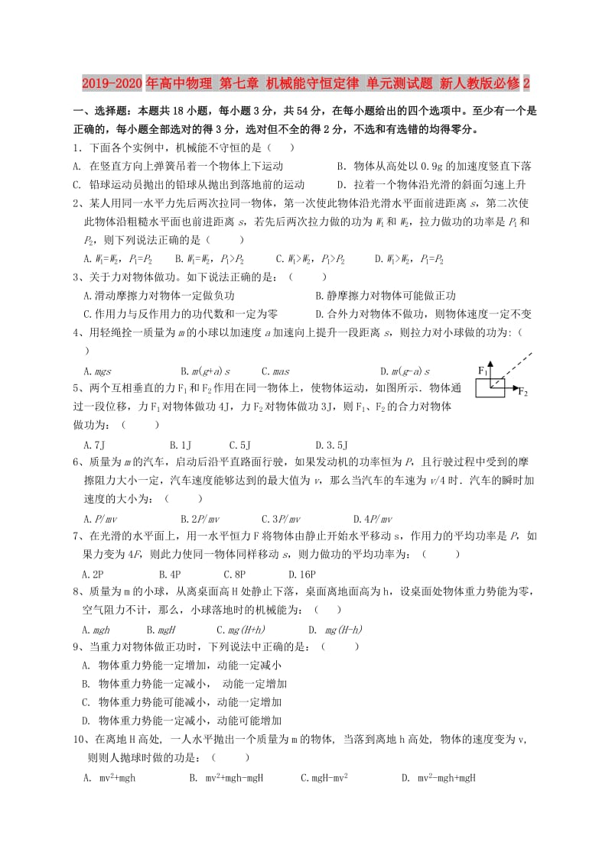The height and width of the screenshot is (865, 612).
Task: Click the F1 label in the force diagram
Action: click(x=482, y=371)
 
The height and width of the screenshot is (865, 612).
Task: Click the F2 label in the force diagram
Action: click(x=523, y=392)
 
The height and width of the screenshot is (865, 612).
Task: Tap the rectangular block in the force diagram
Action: click(x=490, y=388)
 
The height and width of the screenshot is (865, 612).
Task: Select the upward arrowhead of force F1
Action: click(x=491, y=364)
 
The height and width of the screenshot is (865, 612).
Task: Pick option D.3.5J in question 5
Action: click(x=331, y=444)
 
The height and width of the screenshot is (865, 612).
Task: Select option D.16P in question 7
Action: click(x=302, y=574)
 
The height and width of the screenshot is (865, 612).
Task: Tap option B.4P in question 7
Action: click(x=170, y=574)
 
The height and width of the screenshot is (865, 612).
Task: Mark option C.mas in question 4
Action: click(x=275, y=371)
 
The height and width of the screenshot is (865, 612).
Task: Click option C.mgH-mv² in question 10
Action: click(x=325, y=778)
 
